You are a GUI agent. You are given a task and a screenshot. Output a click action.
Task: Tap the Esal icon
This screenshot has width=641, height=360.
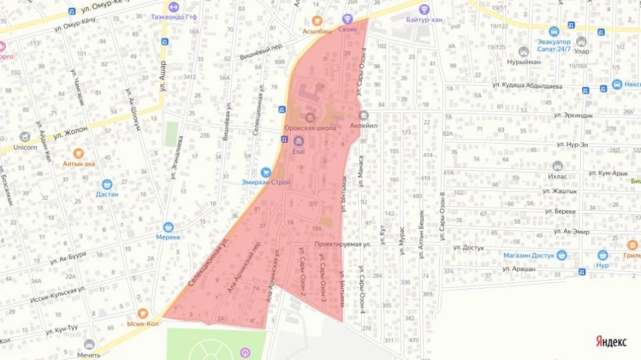pos(298,141)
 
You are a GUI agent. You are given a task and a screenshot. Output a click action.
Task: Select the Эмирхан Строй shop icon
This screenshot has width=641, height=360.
pos(266,172)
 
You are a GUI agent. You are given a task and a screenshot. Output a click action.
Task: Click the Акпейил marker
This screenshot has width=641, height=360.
pos(363,114)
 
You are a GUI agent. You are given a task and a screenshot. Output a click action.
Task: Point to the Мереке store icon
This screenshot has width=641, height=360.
pos(168,227)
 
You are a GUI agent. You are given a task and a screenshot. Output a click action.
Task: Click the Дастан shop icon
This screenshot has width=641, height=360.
pos(107,184)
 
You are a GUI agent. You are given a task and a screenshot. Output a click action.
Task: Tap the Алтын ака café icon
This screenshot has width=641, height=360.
pos(79,153)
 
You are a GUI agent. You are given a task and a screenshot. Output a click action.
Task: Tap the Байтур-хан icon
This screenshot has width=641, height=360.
pos(423,9)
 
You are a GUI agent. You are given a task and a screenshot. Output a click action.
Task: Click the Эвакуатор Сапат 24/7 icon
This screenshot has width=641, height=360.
pos(554,31)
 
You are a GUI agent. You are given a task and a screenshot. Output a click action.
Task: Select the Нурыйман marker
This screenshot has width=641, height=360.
pos(524,51)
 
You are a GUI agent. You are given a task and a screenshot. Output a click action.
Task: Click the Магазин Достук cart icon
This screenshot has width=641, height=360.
pos(562,255)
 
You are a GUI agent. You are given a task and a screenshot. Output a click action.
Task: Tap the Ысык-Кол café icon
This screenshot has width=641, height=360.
pos(142,313)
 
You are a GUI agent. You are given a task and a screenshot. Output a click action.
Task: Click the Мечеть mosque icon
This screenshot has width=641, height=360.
pos(89,345)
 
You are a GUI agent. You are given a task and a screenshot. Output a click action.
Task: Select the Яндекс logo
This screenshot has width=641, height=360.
pos(610,342)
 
